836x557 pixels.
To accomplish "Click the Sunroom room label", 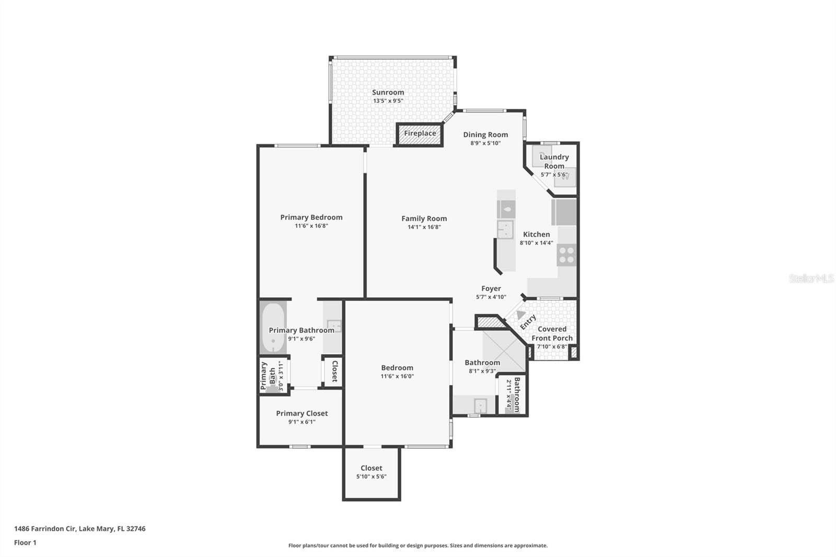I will pos(388,92).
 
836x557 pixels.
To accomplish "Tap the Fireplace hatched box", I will pos(420,134).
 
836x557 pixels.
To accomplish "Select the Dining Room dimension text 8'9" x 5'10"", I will pos(485,143).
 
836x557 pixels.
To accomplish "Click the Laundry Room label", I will pos(554,161).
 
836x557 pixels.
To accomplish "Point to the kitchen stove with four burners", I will pos(566,256).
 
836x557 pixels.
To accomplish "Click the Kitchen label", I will pos(536,234).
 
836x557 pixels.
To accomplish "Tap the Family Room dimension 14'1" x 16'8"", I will pos(424,227).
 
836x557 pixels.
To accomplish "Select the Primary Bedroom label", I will pos(311,217).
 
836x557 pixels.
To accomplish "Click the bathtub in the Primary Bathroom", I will pos(273,327).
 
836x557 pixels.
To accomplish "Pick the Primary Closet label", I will pos(302,413).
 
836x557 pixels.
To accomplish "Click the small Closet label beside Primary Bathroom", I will pos(335,371).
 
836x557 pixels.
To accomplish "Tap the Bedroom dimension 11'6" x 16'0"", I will pos(397,376).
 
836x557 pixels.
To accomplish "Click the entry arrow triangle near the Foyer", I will pos(520,315).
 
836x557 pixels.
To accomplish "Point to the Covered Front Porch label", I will pos(552,333).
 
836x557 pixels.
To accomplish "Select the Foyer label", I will pos(491,288).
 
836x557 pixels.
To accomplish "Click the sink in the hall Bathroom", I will pos(480,405).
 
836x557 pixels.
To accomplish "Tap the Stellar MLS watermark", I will pos(811,278).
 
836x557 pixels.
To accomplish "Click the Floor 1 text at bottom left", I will pos(25,542).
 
